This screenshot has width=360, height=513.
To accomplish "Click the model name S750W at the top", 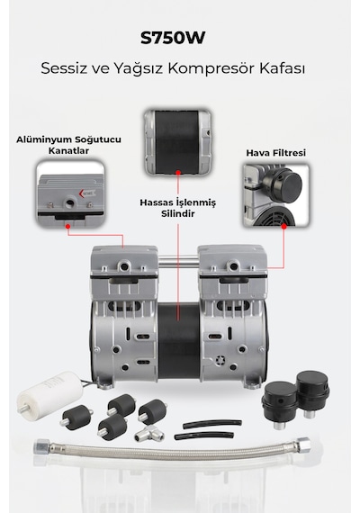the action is (173, 38).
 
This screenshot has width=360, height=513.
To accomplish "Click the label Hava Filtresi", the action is (276, 153).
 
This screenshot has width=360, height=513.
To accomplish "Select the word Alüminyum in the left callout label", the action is (44, 139).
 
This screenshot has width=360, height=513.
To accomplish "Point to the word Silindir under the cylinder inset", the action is (178, 213).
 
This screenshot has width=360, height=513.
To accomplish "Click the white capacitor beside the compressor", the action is (50, 391).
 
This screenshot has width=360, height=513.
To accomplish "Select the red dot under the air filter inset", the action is (284, 226).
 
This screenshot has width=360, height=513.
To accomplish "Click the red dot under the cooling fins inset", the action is (68, 226).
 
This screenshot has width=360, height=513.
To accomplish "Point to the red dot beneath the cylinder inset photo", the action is (178, 172).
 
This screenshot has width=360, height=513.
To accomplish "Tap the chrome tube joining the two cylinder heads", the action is (178, 261).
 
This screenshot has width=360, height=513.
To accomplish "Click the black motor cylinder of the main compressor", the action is (178, 341).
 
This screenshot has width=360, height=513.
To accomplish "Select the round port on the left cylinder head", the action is (124, 266).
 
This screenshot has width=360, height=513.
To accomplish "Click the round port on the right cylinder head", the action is (234, 266).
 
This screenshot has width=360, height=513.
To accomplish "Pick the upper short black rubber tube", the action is (212, 424).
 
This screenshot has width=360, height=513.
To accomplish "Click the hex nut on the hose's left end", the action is (42, 445).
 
